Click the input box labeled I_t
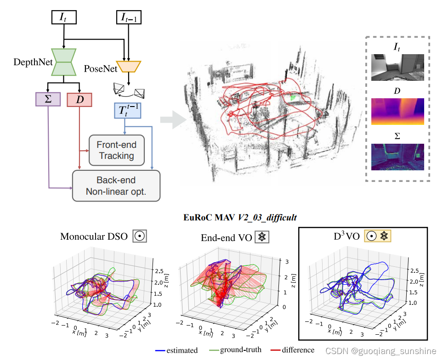(x=63, y=17)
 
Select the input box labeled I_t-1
(x=128, y=17)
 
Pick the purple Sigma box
(x=48, y=99)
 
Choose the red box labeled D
(x=80, y=100)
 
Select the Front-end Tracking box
(x=116, y=150)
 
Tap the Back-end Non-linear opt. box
(x=116, y=186)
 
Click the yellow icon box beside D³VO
(x=377, y=236)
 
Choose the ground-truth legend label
(x=240, y=350)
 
